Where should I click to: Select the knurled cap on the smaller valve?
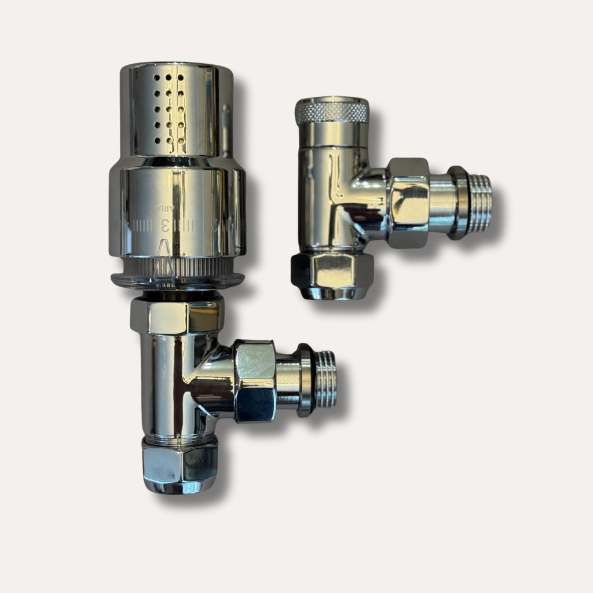click(x=331, y=110)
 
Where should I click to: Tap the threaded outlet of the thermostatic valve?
click(x=325, y=379)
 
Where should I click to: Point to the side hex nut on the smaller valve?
click(x=408, y=203)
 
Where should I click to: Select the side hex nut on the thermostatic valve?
click(x=255, y=381)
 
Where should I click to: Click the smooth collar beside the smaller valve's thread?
click(x=440, y=200)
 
